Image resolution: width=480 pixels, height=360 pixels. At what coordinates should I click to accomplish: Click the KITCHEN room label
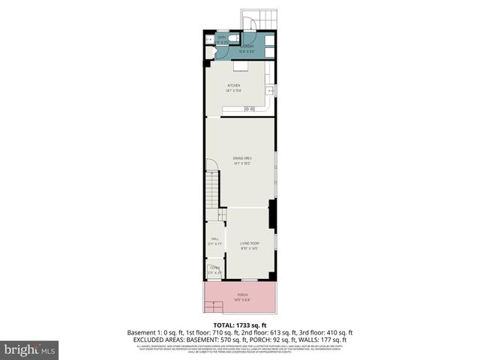[x=234, y=87]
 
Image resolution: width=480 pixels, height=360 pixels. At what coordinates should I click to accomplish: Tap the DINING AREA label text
[x=241, y=159]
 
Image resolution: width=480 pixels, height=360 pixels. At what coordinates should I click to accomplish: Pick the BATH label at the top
[x=221, y=37]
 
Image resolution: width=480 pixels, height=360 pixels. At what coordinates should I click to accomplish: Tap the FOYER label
[x=214, y=268]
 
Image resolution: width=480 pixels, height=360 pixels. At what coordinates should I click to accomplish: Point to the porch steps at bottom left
[x=215, y=306]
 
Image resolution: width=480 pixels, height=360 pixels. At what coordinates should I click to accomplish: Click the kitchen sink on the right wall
[x=273, y=92]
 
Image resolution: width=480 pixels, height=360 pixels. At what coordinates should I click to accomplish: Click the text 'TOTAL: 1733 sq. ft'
[x=240, y=325]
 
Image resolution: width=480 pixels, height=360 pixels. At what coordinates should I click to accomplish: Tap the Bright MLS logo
[x=30, y=349]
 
